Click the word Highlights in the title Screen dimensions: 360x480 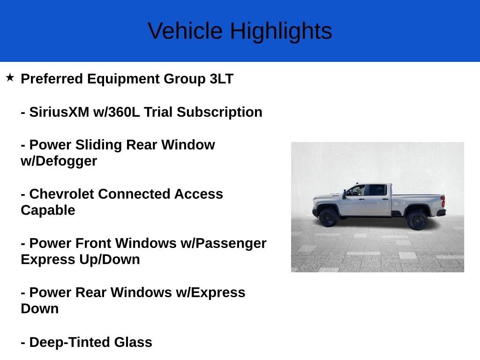(281, 31)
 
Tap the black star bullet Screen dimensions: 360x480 (10, 77)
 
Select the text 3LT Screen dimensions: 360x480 (221, 79)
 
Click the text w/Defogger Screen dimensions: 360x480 (59, 161)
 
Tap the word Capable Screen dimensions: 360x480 (48, 210)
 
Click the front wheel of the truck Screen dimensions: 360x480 (328, 218)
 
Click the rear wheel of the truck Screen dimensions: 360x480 (417, 220)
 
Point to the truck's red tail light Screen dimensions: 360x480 (442, 202)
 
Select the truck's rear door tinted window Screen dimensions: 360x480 (378, 190)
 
